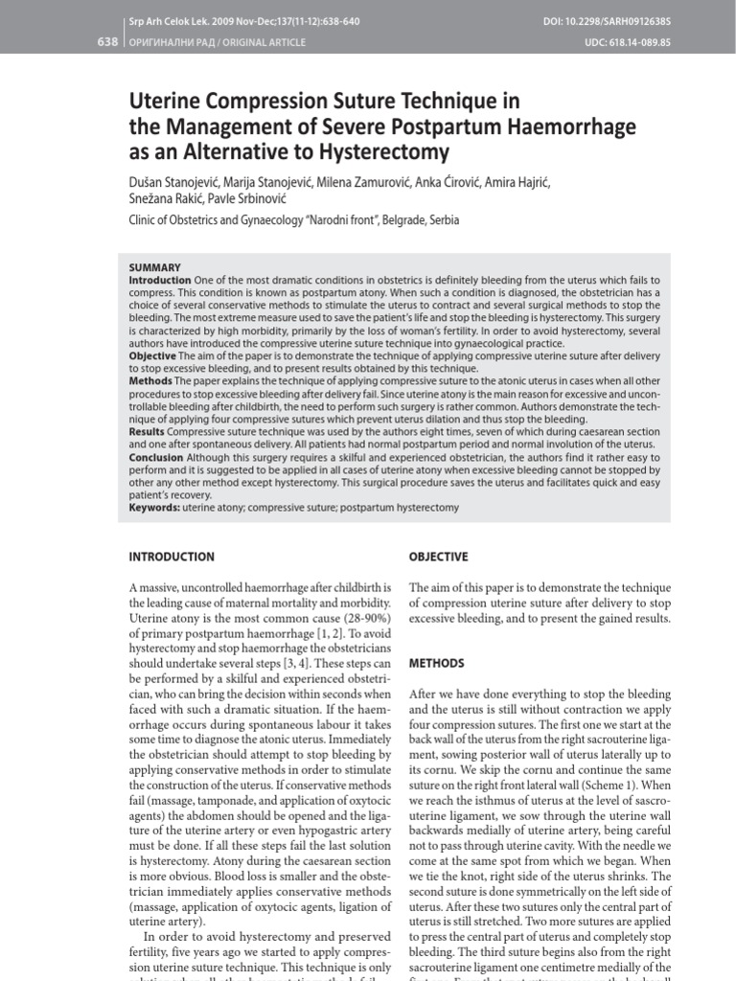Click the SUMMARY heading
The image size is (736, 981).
(x=154, y=267)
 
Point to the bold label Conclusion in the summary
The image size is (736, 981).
(x=155, y=457)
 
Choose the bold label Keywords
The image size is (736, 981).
(x=154, y=508)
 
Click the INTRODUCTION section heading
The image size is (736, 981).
(x=172, y=557)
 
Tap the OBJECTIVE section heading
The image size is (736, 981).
(x=438, y=557)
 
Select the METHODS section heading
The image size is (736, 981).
(x=437, y=663)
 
